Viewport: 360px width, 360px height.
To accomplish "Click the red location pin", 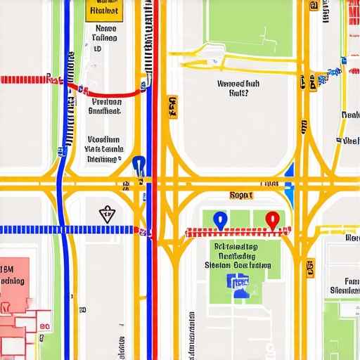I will coord(271,219).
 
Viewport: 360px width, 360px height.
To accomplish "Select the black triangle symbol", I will coord(106,214).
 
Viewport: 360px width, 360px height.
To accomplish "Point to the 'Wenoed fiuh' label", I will coord(239,87).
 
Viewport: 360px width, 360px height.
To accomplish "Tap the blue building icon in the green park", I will coord(238,283).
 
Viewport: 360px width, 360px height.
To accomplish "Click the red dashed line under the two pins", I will coord(236,232).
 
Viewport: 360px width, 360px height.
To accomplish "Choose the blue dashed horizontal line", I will coord(63,230).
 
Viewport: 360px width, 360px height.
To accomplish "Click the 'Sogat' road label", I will coord(241,195).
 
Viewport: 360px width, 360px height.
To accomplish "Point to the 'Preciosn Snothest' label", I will coord(105,105).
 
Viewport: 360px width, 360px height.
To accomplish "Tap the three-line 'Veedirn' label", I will coord(103,149).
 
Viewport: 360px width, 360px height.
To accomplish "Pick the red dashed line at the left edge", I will coord(28,79).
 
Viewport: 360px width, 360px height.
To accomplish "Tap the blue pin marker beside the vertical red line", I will coord(139,166).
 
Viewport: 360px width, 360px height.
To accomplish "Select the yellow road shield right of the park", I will coord(311,267).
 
